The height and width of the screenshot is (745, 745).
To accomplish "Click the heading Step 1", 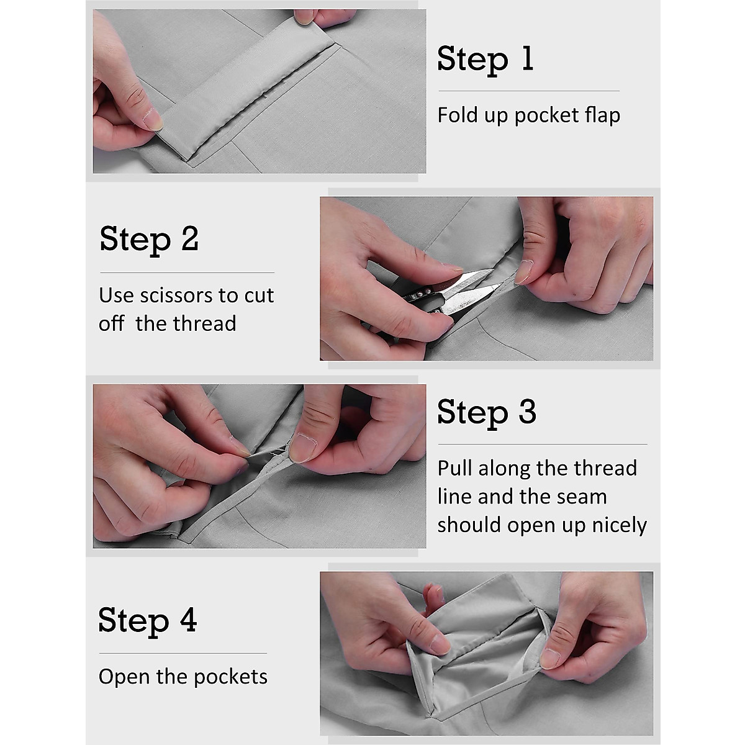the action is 485,59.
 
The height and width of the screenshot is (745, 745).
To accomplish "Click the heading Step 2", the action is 149,239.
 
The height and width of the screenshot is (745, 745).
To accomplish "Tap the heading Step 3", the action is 487,412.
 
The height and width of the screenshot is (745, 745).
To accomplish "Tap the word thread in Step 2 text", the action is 204,323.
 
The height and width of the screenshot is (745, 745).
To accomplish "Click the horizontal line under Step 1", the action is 529,91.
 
